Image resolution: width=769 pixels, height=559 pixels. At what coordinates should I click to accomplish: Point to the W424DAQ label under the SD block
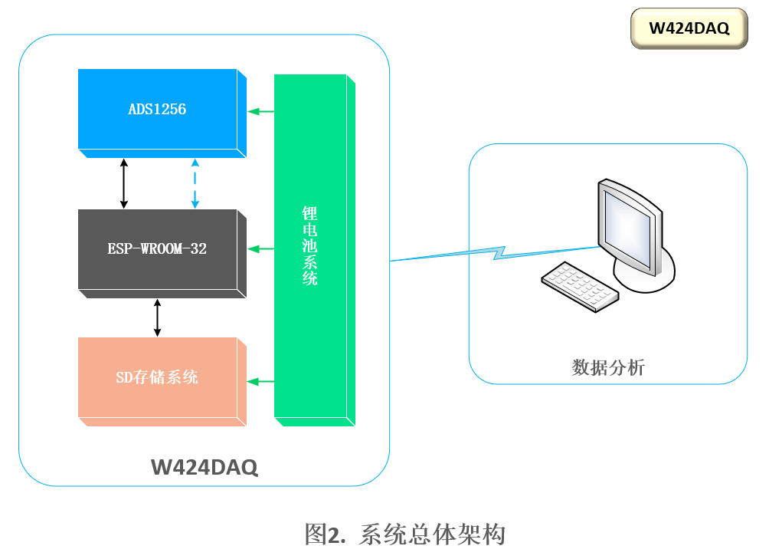pyautogui.click(x=204, y=467)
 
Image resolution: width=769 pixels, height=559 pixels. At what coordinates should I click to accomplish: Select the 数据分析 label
pyautogui.click(x=608, y=368)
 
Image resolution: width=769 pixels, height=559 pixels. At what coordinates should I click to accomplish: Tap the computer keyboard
pyautogui.click(x=580, y=285)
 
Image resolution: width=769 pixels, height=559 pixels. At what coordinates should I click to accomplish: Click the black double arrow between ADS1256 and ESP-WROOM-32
pyautogui.click(x=124, y=183)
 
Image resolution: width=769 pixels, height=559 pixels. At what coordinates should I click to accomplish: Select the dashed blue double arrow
pyautogui.click(x=195, y=183)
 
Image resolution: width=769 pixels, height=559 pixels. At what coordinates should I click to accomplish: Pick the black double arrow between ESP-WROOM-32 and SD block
pyautogui.click(x=158, y=317)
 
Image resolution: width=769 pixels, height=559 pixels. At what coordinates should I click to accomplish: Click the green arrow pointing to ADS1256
pyautogui.click(x=260, y=112)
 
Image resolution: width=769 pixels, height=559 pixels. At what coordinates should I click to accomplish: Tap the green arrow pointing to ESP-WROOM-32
pyautogui.click(x=260, y=248)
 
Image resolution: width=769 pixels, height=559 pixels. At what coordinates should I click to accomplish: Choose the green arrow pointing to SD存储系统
pyautogui.click(x=260, y=381)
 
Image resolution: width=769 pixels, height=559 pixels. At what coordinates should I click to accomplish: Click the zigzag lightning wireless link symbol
pyautogui.click(x=498, y=252)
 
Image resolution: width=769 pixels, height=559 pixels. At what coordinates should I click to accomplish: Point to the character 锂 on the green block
pyautogui.click(x=309, y=214)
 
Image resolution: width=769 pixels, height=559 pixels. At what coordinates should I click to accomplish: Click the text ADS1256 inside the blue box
pyautogui.click(x=157, y=110)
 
